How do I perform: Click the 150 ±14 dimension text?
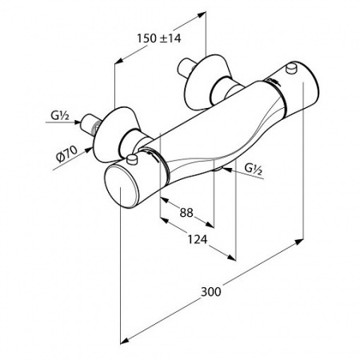(159, 38)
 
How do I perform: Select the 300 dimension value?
(211, 292)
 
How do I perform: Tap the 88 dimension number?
(186, 213)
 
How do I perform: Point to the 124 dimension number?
(198, 239)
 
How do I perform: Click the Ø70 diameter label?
(66, 154)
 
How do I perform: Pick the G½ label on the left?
(60, 116)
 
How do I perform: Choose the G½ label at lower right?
(254, 170)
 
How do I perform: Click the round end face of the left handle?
(122, 186)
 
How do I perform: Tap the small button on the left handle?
(132, 160)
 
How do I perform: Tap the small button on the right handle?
(291, 68)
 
